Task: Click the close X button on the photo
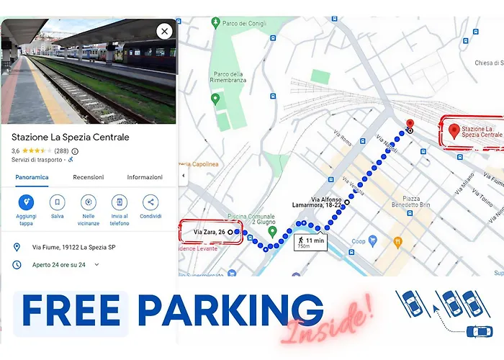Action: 164,31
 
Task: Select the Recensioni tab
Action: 88,177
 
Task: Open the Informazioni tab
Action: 145,177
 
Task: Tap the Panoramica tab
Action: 32,177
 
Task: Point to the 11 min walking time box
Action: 310,242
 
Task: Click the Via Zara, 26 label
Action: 210,232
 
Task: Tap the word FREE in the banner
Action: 71,311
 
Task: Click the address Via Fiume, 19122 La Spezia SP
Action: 74,247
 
